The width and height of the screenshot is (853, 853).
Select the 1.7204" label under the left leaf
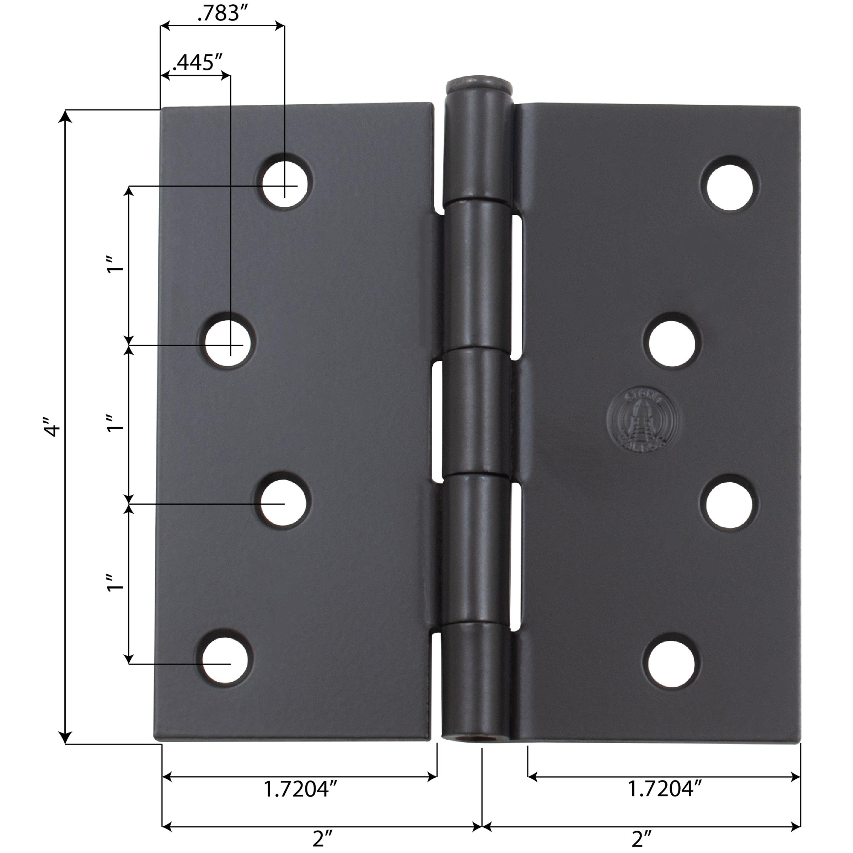click(x=301, y=789)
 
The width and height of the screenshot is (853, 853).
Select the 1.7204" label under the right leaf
click(x=665, y=789)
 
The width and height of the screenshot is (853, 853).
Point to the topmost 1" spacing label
click(x=116, y=264)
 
